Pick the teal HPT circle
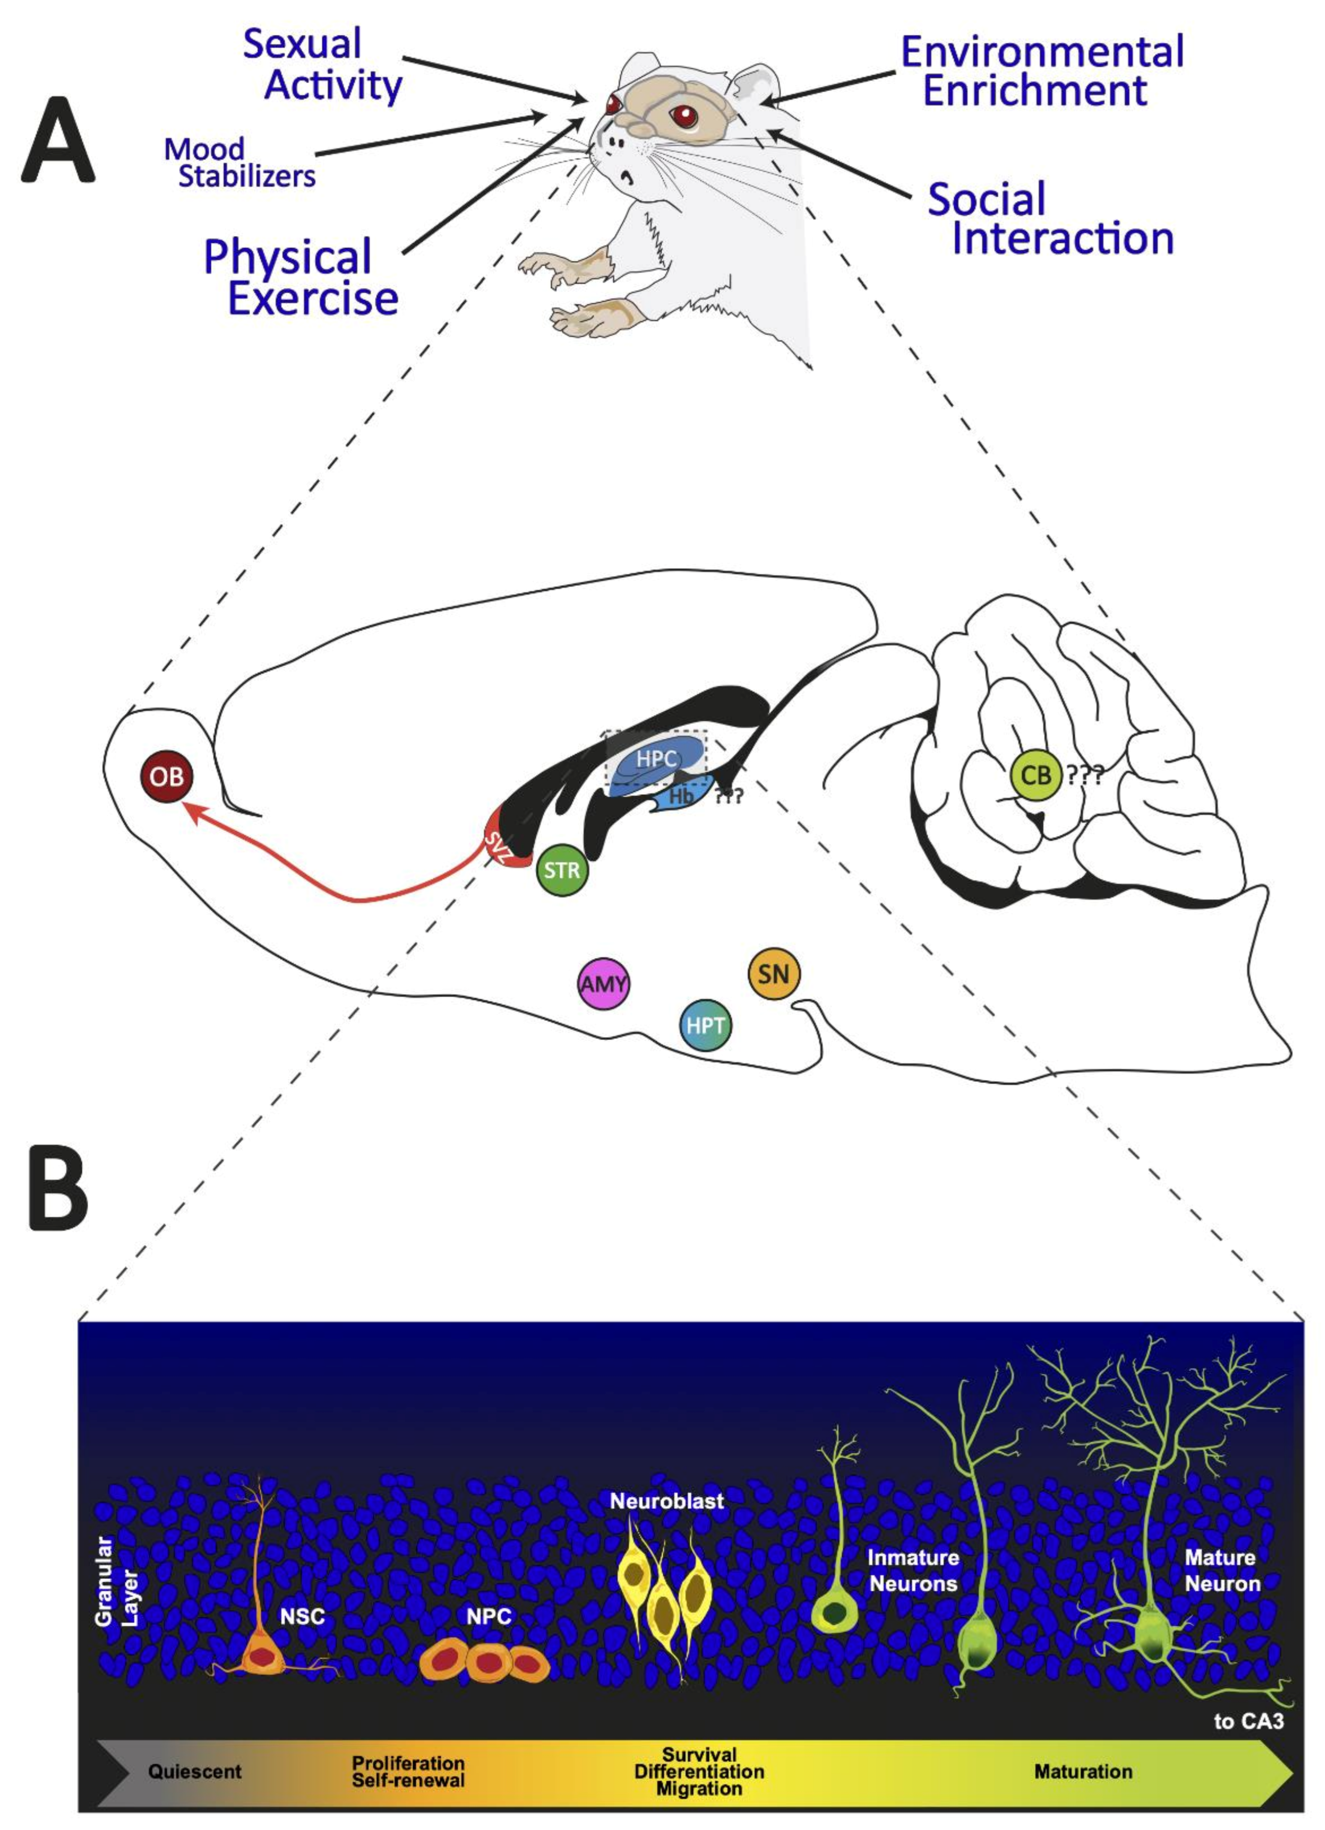click(x=705, y=1025)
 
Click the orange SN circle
click(x=774, y=974)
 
